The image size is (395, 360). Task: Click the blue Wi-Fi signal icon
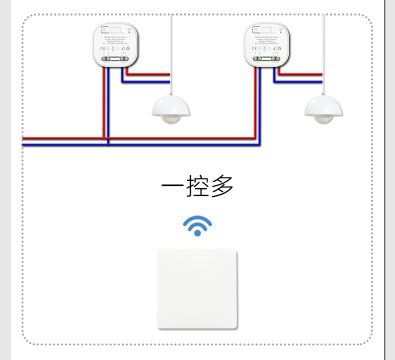(x=197, y=225)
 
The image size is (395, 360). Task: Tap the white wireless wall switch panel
(x=197, y=288)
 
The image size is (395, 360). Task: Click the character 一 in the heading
(x=172, y=186)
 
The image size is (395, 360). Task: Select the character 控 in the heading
(x=197, y=186)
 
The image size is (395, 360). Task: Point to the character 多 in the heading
(x=222, y=186)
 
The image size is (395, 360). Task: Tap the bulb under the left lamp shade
(x=171, y=119)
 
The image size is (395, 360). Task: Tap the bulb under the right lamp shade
(x=324, y=119)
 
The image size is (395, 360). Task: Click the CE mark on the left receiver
(x=102, y=48)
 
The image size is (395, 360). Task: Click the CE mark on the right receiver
(x=254, y=48)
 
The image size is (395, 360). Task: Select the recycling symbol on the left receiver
(x=128, y=48)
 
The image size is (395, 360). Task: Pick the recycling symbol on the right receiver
(x=280, y=48)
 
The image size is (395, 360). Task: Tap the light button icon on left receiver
(x=104, y=29)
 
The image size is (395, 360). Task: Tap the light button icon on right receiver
(x=256, y=29)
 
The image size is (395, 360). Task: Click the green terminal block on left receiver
(x=115, y=58)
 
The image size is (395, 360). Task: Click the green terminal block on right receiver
(x=267, y=58)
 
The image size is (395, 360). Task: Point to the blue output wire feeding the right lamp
(x=300, y=80)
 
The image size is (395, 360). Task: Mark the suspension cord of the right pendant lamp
(x=323, y=50)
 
